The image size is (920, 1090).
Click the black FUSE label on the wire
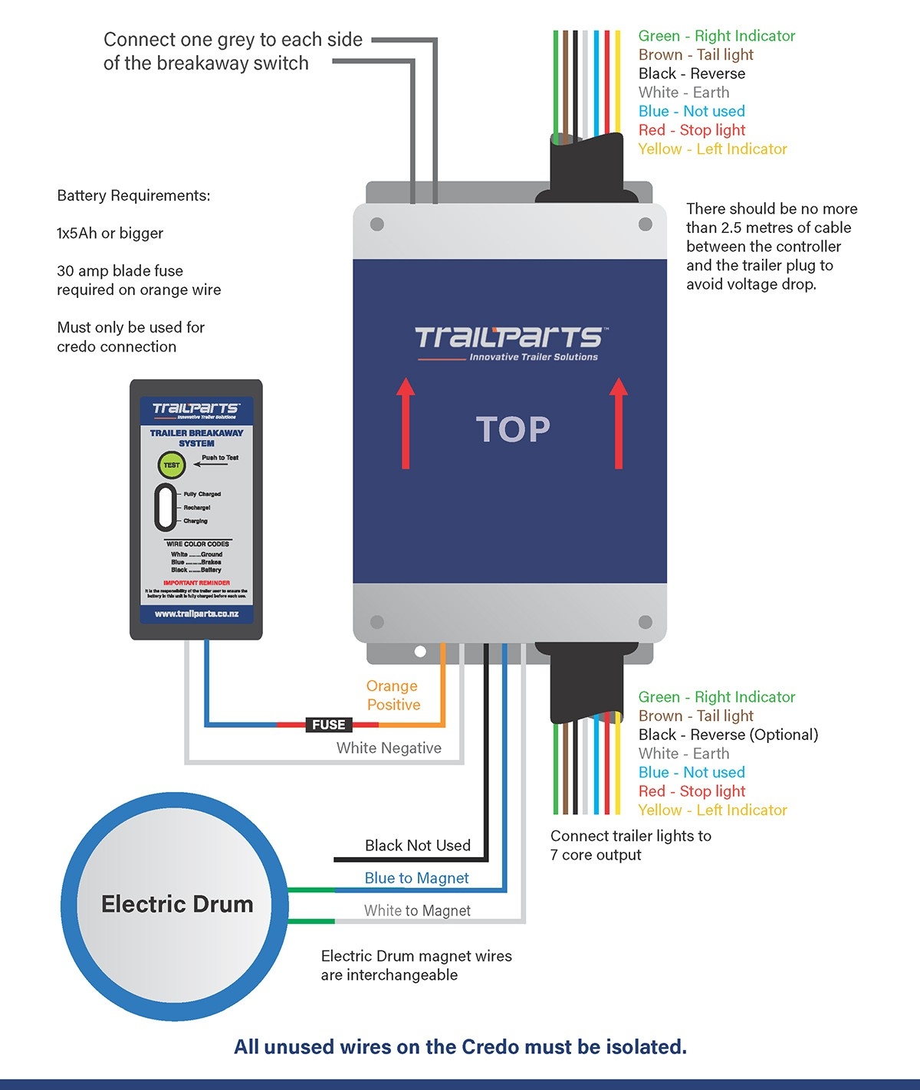tap(328, 725)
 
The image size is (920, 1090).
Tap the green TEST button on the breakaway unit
tap(171, 465)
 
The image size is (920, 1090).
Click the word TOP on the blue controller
tap(513, 430)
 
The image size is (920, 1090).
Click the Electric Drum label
tap(177, 905)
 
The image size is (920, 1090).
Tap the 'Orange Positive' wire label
tap(393, 696)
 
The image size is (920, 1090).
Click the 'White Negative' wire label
tap(389, 748)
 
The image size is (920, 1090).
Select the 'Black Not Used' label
tap(417, 846)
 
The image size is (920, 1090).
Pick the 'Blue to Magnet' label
tap(416, 879)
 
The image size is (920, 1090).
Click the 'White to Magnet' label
tap(417, 911)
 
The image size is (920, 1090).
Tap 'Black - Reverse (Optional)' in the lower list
tap(728, 735)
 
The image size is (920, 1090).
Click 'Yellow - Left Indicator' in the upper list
tap(712, 149)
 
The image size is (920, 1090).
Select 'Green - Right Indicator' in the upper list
tap(716, 36)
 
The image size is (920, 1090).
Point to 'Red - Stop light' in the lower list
tap(692, 791)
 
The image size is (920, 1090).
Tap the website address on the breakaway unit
tap(196, 614)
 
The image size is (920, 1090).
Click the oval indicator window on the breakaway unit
tap(166, 507)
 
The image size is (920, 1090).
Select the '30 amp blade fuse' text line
tap(120, 271)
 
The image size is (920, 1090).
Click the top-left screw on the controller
tap(377, 224)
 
